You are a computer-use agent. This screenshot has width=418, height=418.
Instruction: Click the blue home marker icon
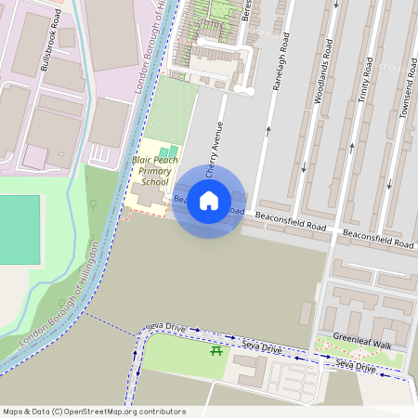pos(209,201)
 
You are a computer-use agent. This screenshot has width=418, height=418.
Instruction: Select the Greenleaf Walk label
pos(362,342)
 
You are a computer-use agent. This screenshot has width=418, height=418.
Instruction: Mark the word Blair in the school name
pos(143,160)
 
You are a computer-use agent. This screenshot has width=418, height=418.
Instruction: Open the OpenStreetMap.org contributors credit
pos(135,411)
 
